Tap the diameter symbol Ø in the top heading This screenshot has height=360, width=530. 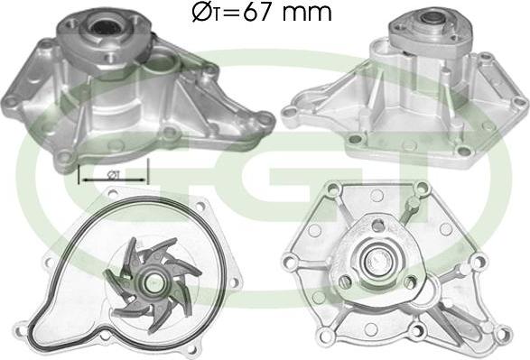click(x=201, y=13)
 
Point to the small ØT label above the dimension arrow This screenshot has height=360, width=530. click(x=112, y=175)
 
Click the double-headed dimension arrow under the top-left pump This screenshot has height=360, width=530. click(x=113, y=180)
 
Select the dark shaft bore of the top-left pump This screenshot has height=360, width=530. click(x=105, y=26)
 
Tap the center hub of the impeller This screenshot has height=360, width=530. click(x=154, y=281)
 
